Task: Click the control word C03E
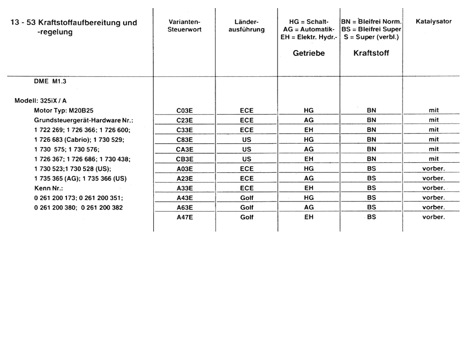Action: click(184, 110)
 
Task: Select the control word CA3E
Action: click(184, 149)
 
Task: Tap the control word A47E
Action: click(184, 217)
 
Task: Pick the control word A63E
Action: click(184, 207)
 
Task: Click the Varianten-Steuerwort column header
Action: click(184, 26)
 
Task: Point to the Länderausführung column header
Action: click(247, 26)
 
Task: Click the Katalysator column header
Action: click(433, 21)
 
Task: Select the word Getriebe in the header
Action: click(309, 53)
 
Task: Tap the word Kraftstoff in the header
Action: click(371, 53)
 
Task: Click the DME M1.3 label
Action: click(50, 82)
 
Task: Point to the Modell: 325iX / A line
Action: click(41, 101)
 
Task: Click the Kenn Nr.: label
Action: click(46, 188)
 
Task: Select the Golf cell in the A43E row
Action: click(247, 198)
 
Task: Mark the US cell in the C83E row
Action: click(247, 139)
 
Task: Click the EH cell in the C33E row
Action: click(309, 129)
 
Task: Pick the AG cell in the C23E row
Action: click(309, 120)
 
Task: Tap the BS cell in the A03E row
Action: click(371, 169)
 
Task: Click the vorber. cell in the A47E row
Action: click(433, 217)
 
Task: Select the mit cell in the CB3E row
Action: click(433, 159)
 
